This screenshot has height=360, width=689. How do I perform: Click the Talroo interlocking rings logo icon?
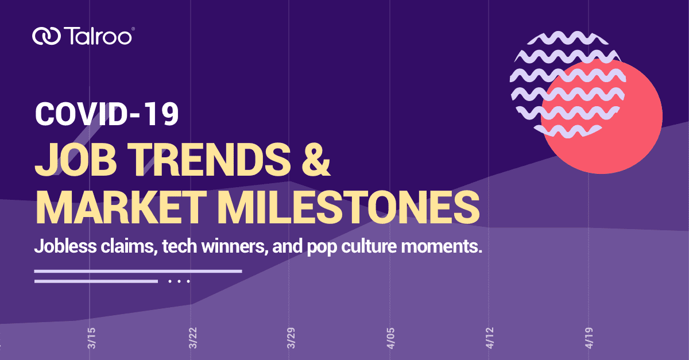tap(46, 36)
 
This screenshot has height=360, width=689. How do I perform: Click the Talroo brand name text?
tap(98, 36)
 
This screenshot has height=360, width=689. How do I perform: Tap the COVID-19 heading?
tap(107, 114)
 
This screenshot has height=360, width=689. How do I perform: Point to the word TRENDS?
tap(209, 159)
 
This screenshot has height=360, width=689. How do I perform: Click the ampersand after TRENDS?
tap(316, 159)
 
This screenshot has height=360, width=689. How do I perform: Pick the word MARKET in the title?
tap(121, 207)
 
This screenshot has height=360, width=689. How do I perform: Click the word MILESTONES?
tap(349, 207)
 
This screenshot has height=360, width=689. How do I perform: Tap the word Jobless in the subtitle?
tap(65, 246)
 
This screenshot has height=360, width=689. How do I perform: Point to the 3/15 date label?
tap(92, 338)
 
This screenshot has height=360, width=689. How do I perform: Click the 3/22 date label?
tap(193, 338)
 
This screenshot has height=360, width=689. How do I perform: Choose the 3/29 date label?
tap(291, 338)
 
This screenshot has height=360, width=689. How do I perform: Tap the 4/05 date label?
tap(390, 338)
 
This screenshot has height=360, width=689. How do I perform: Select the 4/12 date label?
tap(490, 338)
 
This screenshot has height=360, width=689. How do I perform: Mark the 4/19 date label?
tap(589, 338)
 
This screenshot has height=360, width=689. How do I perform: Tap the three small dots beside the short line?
tap(179, 281)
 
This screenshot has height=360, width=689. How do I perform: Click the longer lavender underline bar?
tap(138, 271)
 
